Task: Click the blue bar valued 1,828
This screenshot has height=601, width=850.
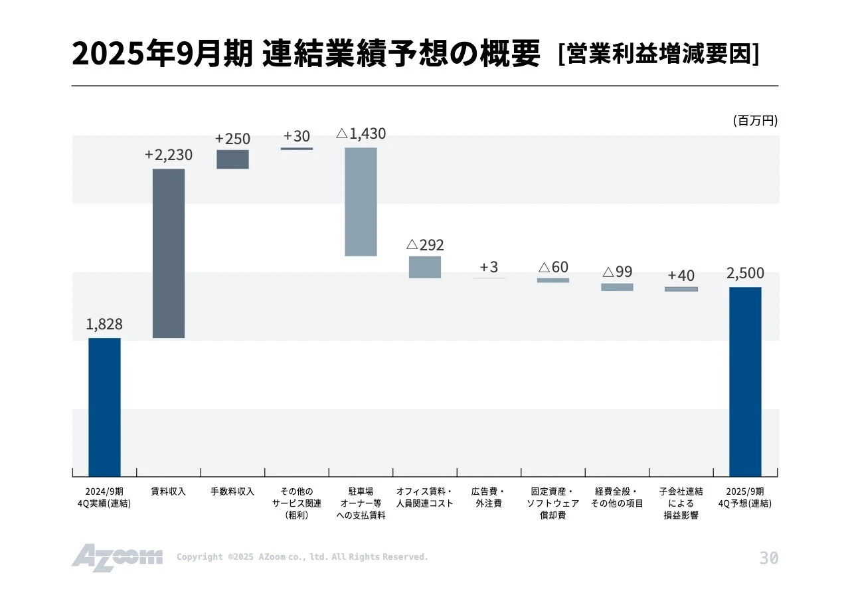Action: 104,406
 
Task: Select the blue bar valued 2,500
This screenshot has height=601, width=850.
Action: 745,381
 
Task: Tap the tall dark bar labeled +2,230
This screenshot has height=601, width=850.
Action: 169,253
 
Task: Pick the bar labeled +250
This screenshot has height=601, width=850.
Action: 232,159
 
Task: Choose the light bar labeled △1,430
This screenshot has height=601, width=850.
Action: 361,201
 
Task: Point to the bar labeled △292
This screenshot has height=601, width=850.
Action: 425,267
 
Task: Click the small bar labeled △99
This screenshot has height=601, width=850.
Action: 617,287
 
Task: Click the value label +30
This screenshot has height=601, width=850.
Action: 297,136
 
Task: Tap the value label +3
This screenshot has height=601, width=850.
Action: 489,267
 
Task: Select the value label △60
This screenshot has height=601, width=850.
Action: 553,267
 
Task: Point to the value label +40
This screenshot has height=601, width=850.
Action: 681,275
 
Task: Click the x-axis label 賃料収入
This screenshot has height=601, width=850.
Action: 169,492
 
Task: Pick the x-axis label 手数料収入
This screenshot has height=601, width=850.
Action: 232,492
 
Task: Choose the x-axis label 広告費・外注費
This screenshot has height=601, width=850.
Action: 489,497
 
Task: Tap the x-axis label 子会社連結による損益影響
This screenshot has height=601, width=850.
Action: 681,503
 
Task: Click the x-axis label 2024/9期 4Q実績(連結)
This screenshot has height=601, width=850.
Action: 104,497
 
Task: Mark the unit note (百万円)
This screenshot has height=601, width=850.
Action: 755,121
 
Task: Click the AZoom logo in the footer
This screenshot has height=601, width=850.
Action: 117,557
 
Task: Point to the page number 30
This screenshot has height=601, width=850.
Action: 768,558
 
